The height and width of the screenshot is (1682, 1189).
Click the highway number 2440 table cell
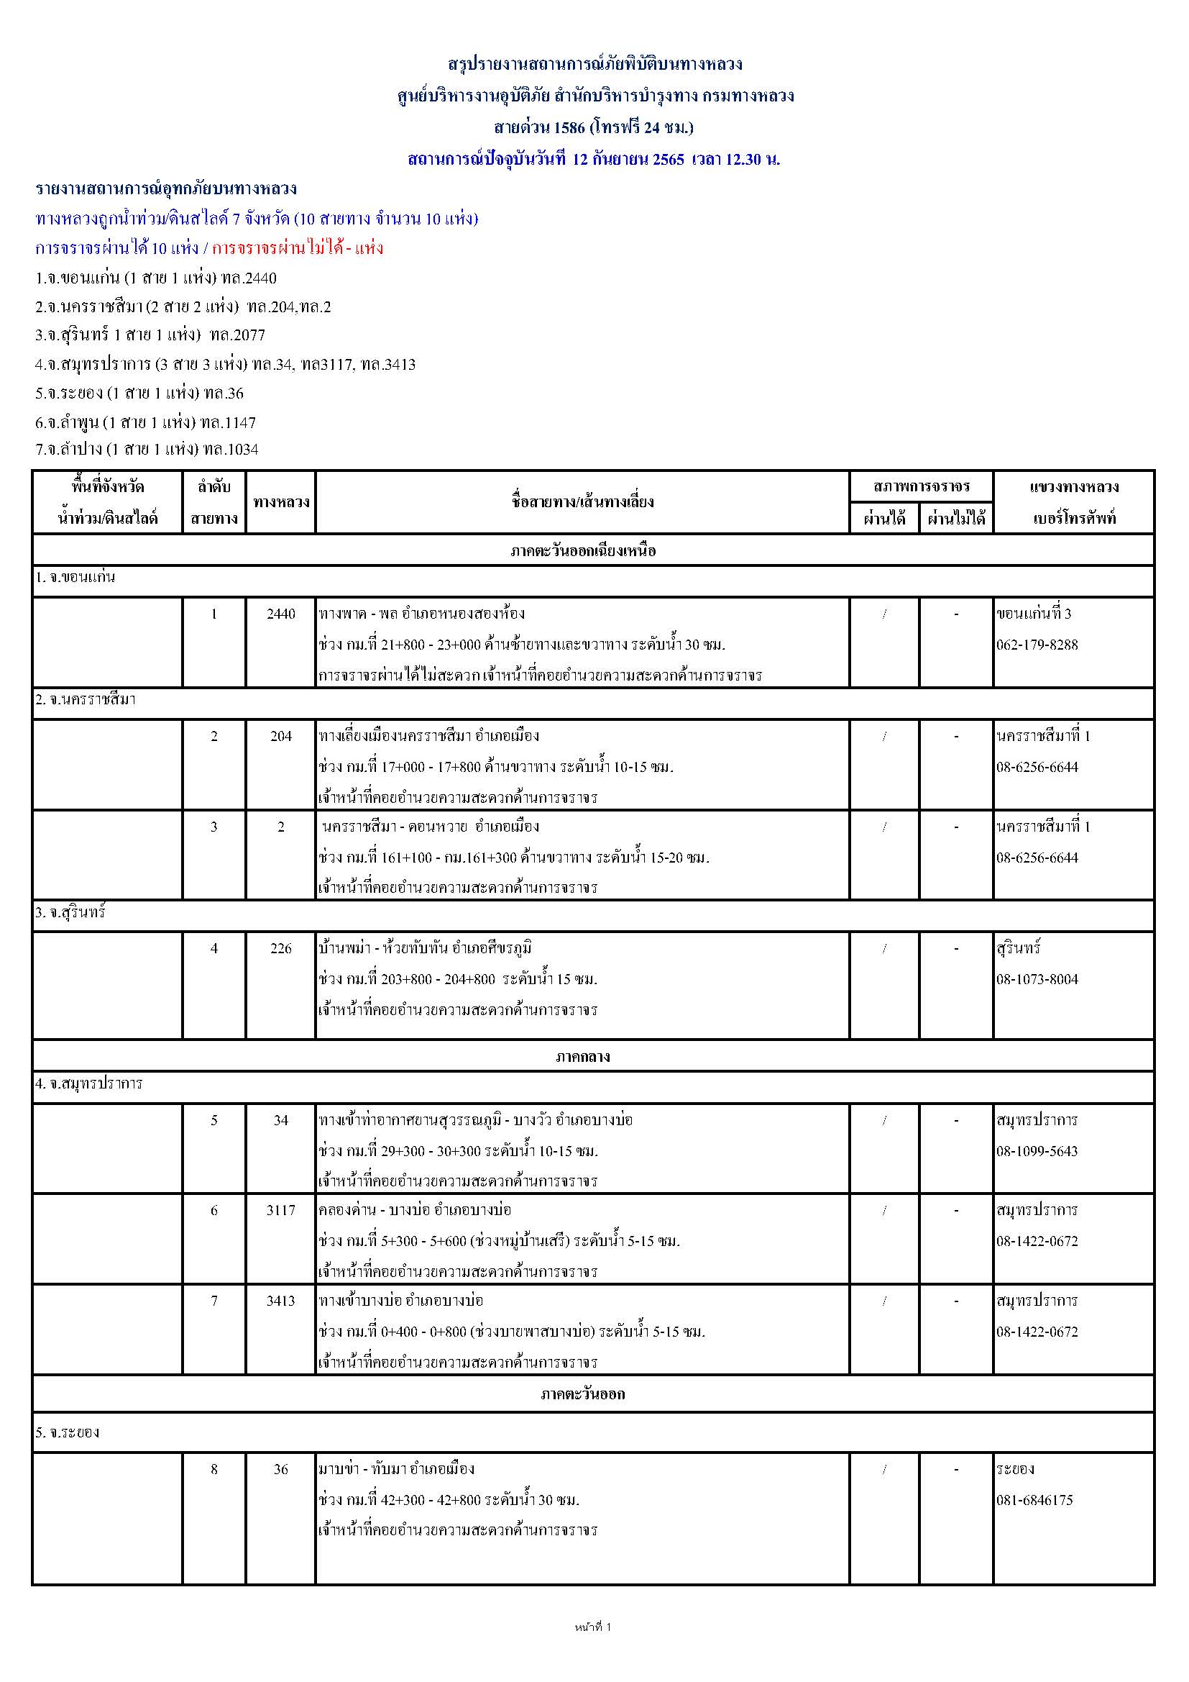(280, 614)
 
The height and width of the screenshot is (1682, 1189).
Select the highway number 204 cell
(280, 736)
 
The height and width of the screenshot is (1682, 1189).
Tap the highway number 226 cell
(280, 949)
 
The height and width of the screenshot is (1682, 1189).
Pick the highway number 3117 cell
(280, 1210)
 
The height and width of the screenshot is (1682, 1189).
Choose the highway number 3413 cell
(280, 1300)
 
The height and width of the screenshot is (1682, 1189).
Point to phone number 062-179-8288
(1037, 645)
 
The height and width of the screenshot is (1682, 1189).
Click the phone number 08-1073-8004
(1037, 979)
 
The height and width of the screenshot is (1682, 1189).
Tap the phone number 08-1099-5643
(1037, 1151)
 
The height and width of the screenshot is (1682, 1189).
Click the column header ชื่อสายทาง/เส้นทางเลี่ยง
(582, 503)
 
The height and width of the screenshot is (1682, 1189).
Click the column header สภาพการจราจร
(921, 486)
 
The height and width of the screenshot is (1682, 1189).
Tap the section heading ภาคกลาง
(582, 1056)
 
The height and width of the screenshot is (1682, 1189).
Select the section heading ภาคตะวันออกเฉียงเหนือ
(582, 551)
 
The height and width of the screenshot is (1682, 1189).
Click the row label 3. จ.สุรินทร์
(70, 914)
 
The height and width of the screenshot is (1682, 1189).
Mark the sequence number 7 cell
(214, 1300)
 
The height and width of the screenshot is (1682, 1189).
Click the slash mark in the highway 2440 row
(884, 614)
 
